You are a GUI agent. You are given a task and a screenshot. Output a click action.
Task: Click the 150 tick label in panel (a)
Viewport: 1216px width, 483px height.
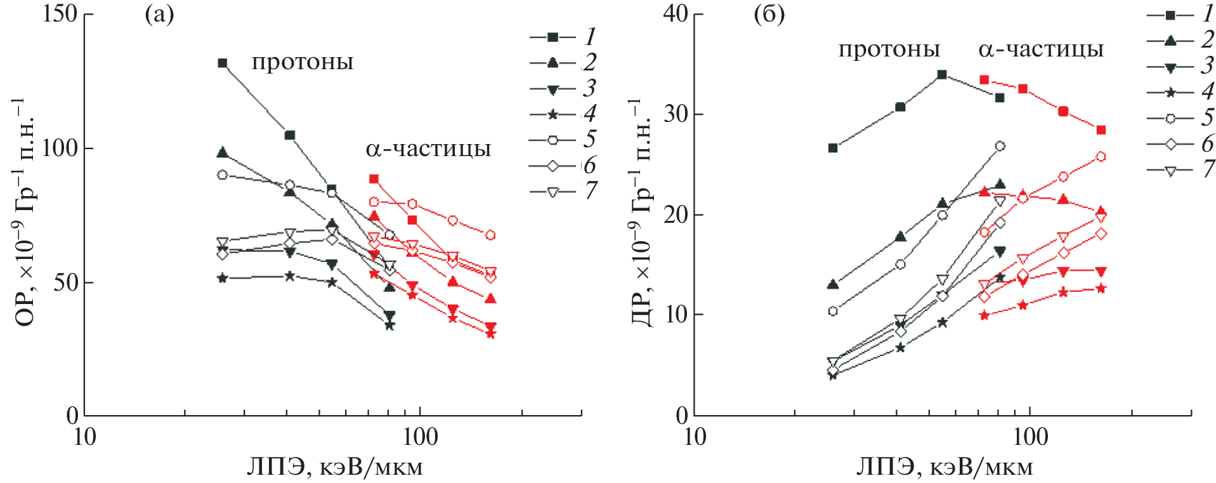(60, 13)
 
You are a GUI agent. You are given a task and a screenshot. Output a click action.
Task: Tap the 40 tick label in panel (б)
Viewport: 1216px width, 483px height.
(675, 13)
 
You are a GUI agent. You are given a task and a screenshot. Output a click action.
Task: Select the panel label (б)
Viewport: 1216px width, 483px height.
(769, 15)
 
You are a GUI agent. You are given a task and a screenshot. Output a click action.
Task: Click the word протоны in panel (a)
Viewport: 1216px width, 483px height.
(303, 62)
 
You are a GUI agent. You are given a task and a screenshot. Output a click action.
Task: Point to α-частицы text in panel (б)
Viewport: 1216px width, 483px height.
(1041, 50)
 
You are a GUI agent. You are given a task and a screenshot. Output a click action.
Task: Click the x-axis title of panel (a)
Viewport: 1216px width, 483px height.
(334, 467)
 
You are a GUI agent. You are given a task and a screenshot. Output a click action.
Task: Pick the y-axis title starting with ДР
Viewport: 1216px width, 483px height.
(642, 213)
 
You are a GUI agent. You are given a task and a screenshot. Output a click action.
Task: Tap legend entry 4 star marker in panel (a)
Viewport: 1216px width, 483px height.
(552, 114)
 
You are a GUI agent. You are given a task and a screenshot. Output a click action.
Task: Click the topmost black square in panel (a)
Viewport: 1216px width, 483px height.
(223, 63)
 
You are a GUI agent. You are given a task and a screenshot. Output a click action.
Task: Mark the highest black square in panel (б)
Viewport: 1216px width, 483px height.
(942, 74)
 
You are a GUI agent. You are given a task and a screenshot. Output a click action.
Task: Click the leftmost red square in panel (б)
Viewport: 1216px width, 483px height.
(984, 80)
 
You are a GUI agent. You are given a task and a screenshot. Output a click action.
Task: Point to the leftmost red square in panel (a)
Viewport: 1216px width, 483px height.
(374, 179)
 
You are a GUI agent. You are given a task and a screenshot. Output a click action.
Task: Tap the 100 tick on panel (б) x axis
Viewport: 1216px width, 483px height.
(1029, 437)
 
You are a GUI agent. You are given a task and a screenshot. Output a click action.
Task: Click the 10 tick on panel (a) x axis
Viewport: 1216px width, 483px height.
(84, 437)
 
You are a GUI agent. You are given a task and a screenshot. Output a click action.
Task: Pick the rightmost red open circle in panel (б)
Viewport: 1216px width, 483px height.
(1101, 157)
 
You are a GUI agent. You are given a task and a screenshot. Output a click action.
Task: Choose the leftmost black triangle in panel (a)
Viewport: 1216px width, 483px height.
(223, 152)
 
